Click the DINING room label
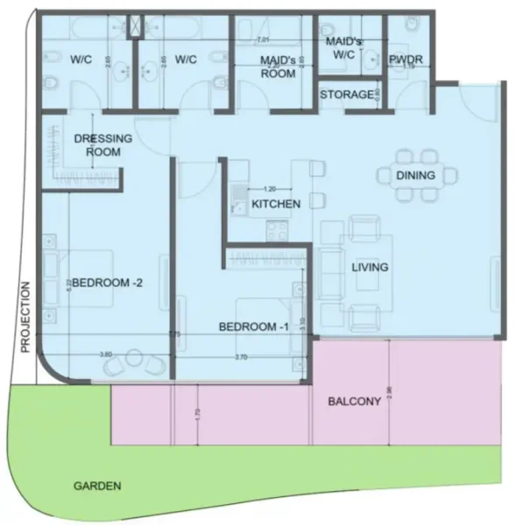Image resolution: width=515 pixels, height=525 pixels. click(415, 176)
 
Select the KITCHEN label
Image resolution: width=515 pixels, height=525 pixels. click(276, 204)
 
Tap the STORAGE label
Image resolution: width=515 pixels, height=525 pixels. click(347, 94)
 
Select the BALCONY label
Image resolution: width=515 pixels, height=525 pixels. click(353, 402)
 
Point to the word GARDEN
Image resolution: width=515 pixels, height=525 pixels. click(97, 485)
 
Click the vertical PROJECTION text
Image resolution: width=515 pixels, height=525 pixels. click(25, 316)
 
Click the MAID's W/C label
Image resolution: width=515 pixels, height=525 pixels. click(344, 48)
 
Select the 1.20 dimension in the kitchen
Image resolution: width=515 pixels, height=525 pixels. click(270, 189)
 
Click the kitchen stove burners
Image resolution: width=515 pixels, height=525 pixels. click(277, 231)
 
